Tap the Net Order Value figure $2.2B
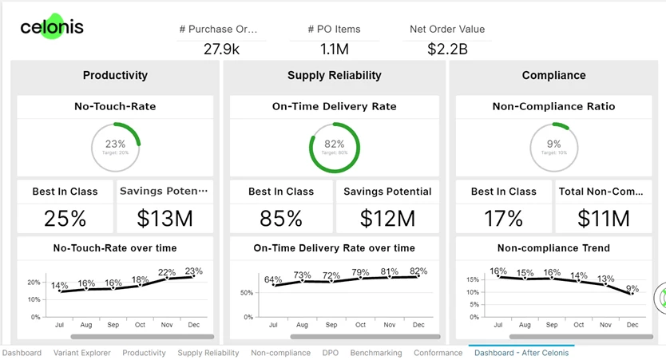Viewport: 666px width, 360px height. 447,49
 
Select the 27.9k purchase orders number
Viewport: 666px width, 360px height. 221,49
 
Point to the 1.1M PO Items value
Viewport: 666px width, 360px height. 335,49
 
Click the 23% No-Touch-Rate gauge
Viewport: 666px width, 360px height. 116,148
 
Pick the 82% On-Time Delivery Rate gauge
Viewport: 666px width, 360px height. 335,148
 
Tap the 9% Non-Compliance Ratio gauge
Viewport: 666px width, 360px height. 553,148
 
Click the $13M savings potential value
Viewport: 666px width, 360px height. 165,218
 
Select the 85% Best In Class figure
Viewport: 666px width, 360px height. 281,218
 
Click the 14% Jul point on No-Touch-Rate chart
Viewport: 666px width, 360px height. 60,291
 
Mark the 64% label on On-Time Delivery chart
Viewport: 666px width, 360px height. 273,279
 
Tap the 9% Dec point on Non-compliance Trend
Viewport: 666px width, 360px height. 633,294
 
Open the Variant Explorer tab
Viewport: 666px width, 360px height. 82,353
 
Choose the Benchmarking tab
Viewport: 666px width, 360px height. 376,353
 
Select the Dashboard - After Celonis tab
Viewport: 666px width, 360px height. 521,353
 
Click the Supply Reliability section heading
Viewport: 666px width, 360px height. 335,75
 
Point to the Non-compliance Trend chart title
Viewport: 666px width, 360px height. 553,248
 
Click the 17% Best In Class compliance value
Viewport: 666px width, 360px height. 504,218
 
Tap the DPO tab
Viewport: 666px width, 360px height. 331,353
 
